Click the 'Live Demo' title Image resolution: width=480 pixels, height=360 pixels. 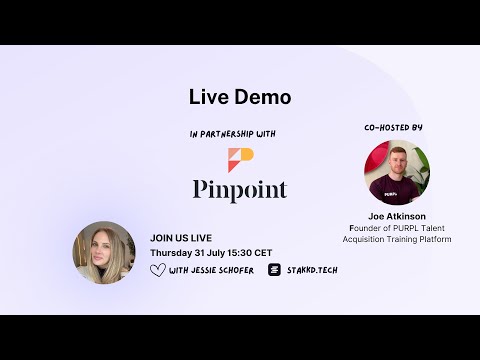240,97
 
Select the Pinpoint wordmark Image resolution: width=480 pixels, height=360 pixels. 240,190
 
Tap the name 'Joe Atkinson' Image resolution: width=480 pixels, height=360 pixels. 398,216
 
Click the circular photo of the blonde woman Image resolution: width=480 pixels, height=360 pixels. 104,251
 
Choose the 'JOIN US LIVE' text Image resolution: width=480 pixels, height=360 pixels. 181,238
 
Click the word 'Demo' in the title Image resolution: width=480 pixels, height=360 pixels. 264,97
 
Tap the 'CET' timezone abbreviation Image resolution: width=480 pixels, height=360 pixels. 265,253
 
